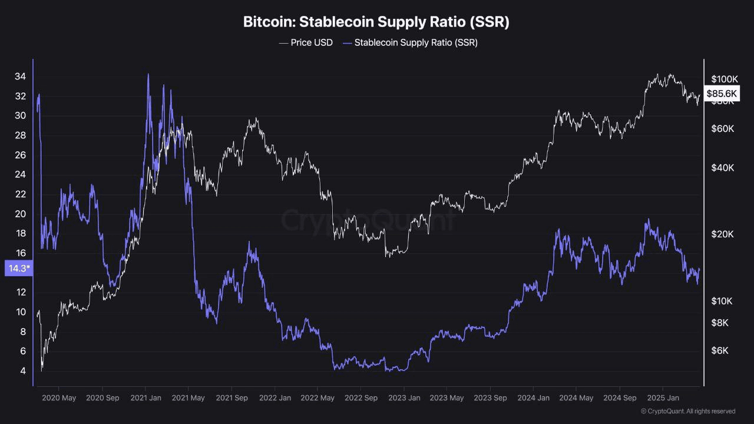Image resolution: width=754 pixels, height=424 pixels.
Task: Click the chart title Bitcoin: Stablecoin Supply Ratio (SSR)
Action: [376, 22]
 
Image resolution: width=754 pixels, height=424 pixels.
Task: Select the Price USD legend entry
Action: [306, 42]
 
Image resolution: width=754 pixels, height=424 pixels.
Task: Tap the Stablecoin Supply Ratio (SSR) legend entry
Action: [410, 42]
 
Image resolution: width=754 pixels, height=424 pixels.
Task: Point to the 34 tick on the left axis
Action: [20, 77]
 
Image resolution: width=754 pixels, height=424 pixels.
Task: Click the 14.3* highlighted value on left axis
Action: [19, 269]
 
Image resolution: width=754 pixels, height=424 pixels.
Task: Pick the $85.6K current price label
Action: [722, 93]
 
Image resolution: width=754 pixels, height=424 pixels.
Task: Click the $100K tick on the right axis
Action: [724, 79]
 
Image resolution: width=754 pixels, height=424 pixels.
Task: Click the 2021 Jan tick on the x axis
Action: [145, 398]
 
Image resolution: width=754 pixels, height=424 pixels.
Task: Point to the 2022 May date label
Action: [318, 398]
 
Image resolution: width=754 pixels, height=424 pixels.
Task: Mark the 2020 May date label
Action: [59, 398]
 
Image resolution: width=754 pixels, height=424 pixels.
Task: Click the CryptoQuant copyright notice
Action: [687, 411]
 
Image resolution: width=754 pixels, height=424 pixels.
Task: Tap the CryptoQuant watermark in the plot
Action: [368, 220]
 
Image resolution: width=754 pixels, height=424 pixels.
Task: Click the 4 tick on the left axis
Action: [22, 371]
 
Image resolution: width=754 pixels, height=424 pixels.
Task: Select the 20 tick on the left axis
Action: [20, 214]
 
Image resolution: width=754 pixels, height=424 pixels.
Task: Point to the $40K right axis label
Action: [722, 168]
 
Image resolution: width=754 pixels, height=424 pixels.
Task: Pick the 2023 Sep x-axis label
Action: [490, 398]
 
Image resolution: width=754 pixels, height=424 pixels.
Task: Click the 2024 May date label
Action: [576, 398]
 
